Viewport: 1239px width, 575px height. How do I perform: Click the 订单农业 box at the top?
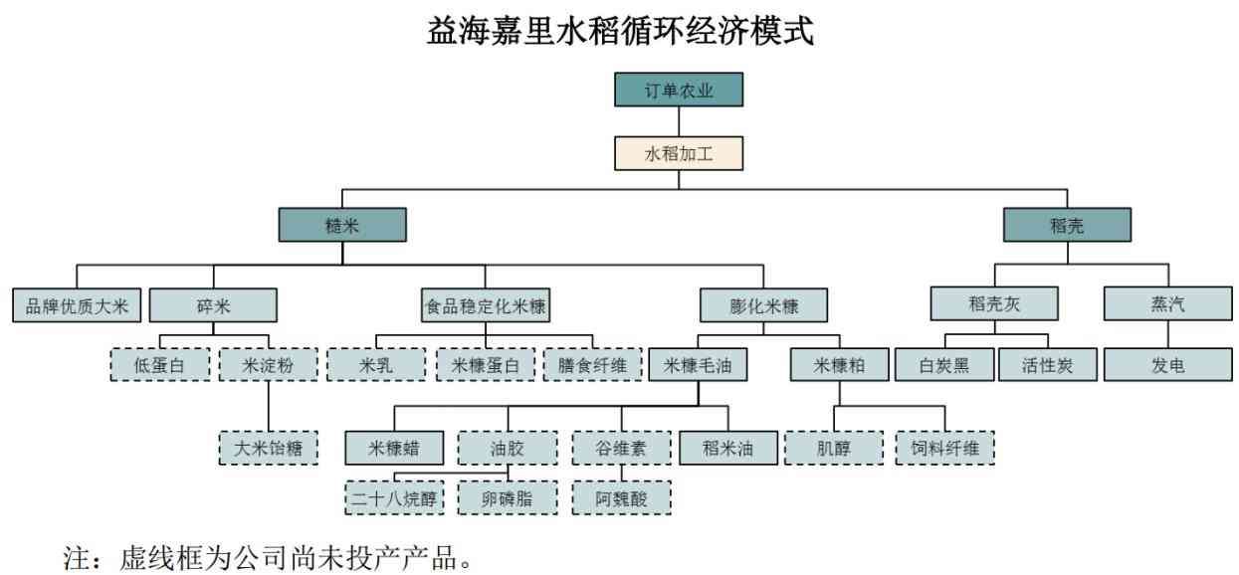tap(679, 90)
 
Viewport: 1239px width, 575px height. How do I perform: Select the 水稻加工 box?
tap(679, 154)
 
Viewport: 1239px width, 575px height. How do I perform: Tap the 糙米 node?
tap(341, 225)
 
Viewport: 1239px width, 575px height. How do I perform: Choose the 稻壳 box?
tap(1067, 225)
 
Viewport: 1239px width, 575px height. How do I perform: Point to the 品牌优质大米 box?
tap(78, 304)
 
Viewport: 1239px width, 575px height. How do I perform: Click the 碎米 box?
tap(213, 304)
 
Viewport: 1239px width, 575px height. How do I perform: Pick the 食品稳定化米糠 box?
tap(487, 304)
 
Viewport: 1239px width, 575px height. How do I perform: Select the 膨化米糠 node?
tap(763, 304)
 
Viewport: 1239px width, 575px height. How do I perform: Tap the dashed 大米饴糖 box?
tap(268, 448)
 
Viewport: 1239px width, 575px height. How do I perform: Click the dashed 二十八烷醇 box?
tap(395, 498)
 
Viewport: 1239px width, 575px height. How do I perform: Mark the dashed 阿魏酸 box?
tap(622, 498)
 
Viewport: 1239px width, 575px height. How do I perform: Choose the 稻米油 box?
tap(728, 448)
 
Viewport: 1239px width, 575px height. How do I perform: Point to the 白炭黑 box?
tap(944, 365)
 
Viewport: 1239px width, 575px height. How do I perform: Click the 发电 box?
tap(1168, 365)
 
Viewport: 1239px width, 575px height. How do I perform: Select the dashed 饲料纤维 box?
tap(944, 448)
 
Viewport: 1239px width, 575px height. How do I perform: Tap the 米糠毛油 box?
tap(699, 365)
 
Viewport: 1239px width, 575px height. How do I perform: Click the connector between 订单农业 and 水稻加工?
tap(679, 121)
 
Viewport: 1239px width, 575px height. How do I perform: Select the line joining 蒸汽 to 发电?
tap(1168, 334)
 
